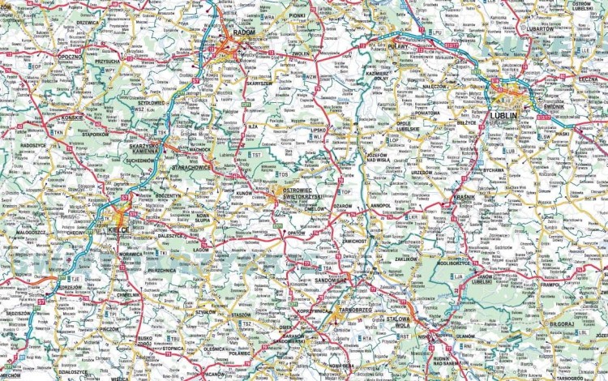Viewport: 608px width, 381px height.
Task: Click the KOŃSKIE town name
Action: tap(73, 118)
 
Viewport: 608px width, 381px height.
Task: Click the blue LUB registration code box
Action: tap(509, 151)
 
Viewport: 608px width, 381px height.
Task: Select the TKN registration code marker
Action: tap(58, 131)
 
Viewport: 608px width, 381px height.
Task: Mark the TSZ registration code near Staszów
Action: tap(246, 323)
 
